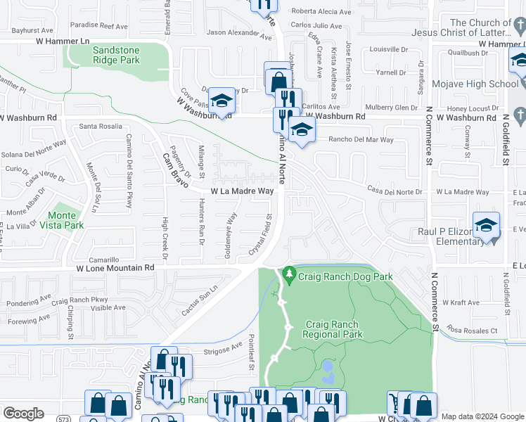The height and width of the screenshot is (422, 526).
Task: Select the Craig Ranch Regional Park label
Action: pyautogui.click(x=333, y=329)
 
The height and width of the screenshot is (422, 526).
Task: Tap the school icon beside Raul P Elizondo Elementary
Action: pyautogui.click(x=485, y=224)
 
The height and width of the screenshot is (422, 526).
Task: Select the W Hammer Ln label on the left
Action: pyautogui.click(x=65, y=42)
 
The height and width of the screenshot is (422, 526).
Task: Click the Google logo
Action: pyautogui.click(x=23, y=414)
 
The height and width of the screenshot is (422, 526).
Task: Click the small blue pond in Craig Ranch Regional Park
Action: pyautogui.click(x=327, y=366)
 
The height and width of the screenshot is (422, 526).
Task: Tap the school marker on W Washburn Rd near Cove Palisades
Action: pyautogui.click(x=222, y=101)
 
